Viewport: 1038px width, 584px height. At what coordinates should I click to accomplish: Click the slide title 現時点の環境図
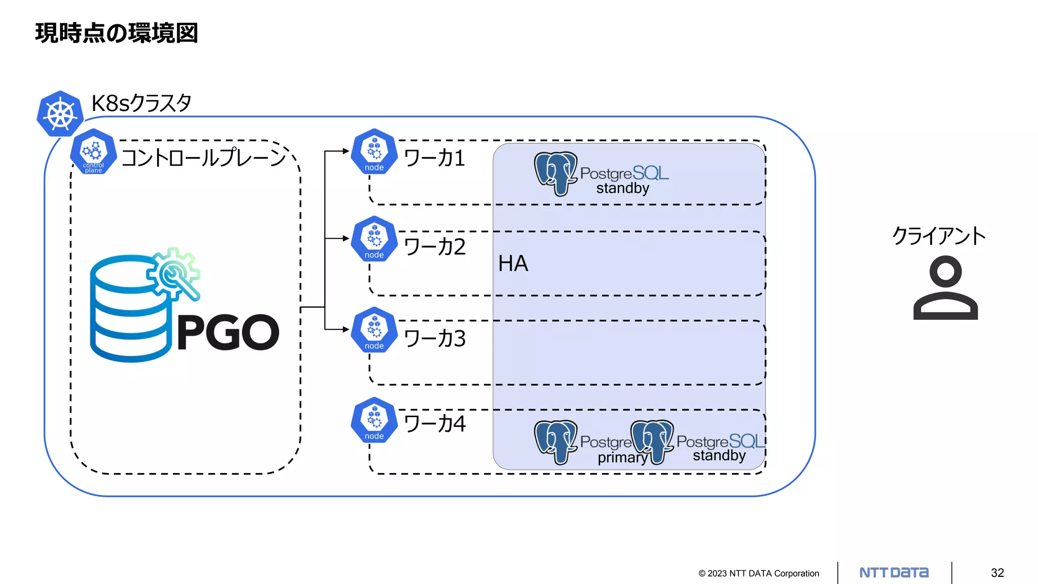[x=116, y=33]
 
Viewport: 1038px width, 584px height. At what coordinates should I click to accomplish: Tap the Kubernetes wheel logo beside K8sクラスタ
[x=60, y=114]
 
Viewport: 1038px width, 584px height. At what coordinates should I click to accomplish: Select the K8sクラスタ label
[x=141, y=103]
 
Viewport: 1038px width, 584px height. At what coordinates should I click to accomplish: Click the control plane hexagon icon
[x=93, y=152]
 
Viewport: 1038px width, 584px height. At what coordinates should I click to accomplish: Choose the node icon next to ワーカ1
[x=374, y=152]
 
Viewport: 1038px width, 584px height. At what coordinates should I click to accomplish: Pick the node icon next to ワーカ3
[x=374, y=330]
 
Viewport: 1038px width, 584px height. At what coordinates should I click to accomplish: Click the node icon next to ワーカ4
[x=374, y=420]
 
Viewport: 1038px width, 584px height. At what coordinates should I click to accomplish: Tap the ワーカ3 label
[x=435, y=339]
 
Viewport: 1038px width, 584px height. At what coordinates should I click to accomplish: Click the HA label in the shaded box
[x=513, y=264]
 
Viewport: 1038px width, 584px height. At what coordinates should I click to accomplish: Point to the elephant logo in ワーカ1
[x=556, y=173]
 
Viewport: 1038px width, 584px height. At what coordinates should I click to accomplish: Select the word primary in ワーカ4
[x=622, y=458]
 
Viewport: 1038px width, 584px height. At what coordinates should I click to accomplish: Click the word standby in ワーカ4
[x=719, y=456]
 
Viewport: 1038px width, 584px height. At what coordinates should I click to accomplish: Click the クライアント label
[x=939, y=236]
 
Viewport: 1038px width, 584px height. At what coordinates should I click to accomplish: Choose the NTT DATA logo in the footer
[x=894, y=573]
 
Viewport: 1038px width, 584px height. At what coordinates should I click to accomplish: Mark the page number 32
[x=997, y=573]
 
